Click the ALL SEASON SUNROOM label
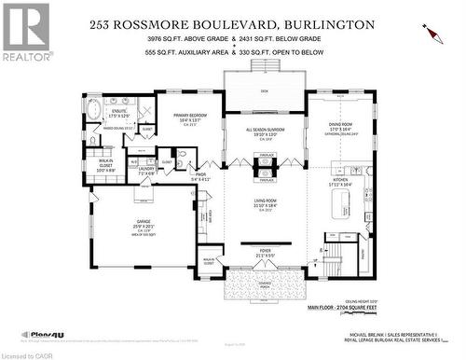click(x=264, y=130)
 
